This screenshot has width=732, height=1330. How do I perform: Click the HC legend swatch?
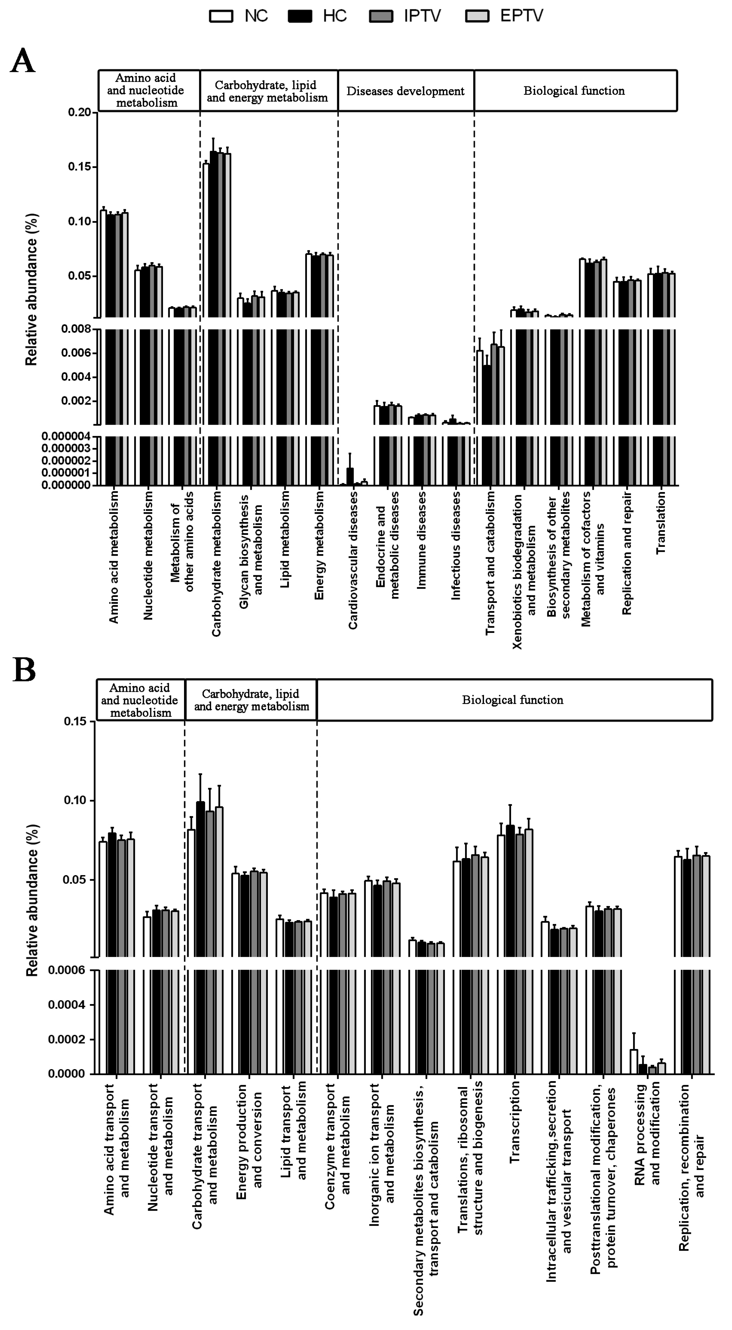pos(300,16)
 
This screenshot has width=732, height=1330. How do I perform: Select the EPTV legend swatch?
pos(477,16)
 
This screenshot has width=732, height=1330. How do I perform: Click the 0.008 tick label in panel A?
pos(77,330)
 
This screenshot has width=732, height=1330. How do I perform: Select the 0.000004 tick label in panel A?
pos(66,437)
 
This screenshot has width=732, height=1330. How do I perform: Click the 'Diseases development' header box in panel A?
pos(406,91)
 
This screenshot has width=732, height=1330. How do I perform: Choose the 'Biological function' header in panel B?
pos(512,700)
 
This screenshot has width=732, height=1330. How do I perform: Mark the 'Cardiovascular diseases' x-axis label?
pos(353,560)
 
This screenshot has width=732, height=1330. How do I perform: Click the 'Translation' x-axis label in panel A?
pos(661,523)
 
